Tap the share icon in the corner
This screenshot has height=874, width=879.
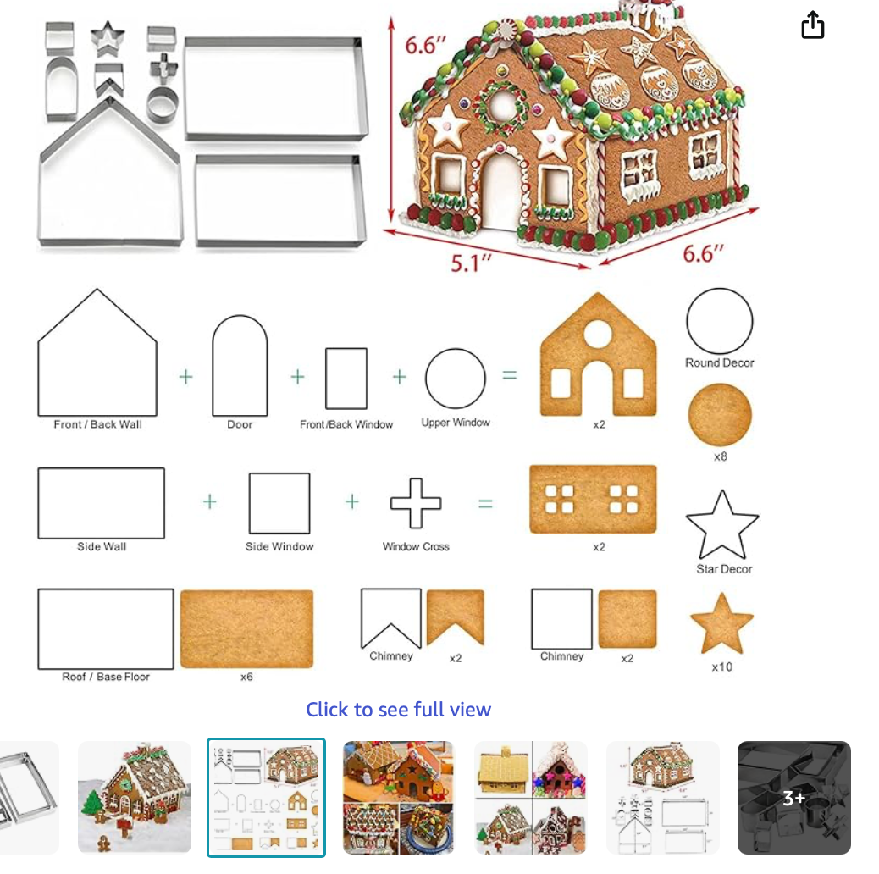[812, 25]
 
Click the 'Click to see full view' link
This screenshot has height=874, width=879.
[399, 709]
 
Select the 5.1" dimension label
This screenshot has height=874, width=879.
[472, 263]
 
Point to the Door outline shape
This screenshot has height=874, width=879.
[213, 364]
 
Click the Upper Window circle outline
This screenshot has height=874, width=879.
[426, 379]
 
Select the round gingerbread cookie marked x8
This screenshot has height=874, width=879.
[720, 414]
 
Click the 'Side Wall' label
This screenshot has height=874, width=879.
[102, 546]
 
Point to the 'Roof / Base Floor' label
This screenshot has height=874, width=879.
[106, 677]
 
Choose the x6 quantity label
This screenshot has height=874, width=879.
[246, 677]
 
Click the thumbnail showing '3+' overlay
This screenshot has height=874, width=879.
[793, 797]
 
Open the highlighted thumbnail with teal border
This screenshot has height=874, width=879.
[266, 797]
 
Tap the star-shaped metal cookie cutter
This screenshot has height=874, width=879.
[107, 39]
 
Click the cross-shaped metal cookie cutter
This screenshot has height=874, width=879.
[163, 69]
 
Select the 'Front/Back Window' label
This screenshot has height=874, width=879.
[346, 424]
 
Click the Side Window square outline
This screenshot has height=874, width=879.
[250, 503]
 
